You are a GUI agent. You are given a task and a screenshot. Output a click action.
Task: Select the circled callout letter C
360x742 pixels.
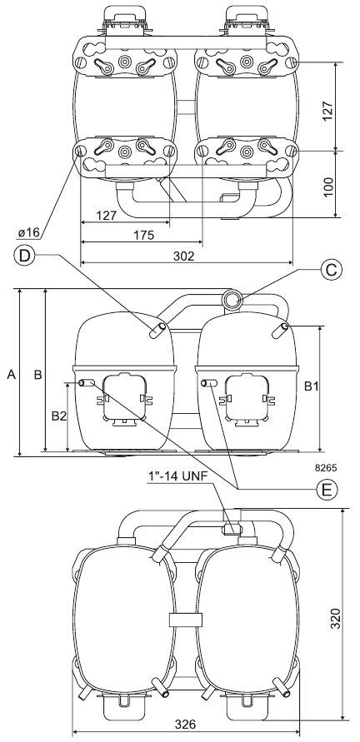pyautogui.click(x=330, y=269)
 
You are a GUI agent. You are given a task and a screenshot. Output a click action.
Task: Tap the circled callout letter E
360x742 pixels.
pyautogui.click(x=327, y=490)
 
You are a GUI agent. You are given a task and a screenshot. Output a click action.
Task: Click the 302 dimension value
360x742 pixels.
pyautogui.click(x=184, y=256)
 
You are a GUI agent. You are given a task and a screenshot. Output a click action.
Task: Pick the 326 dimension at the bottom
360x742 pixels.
pyautogui.click(x=185, y=725)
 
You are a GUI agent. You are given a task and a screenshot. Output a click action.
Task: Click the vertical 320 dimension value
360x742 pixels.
pyautogui.click(x=335, y=619)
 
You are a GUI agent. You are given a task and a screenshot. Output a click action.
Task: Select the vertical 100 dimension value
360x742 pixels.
pyautogui.click(x=328, y=187)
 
